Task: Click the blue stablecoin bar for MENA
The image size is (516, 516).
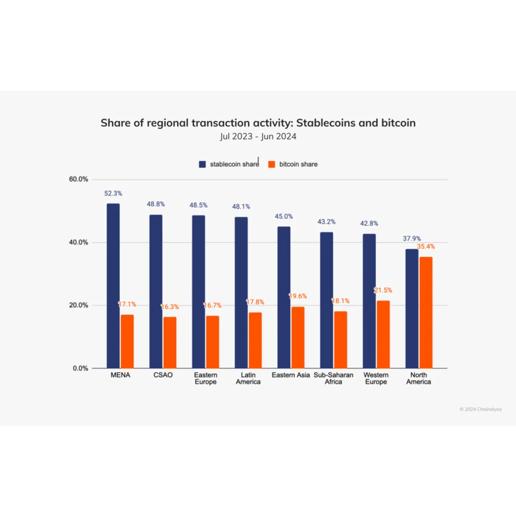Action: click(x=113, y=286)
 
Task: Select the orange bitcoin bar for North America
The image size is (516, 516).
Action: click(x=426, y=312)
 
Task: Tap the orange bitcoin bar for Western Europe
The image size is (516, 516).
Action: click(x=383, y=335)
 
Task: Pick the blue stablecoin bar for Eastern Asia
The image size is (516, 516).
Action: click(x=284, y=297)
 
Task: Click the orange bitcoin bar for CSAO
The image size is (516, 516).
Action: click(x=170, y=343)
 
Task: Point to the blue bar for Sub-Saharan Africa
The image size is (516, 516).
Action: click(x=327, y=300)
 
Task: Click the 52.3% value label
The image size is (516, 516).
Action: click(x=113, y=193)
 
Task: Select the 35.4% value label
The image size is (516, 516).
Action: click(x=426, y=246)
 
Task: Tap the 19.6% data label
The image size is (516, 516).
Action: click(x=298, y=296)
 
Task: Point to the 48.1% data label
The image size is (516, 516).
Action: click(x=241, y=207)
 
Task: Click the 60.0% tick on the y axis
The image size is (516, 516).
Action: click(x=78, y=179)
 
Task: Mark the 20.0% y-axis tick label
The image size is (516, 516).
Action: click(x=78, y=305)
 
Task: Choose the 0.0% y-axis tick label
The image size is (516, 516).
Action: click(x=80, y=368)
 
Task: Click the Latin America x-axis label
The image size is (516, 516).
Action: click(x=248, y=378)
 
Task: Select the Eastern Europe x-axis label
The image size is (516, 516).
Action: click(x=206, y=378)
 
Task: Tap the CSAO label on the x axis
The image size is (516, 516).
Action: click(x=163, y=375)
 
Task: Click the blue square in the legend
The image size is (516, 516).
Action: click(x=203, y=164)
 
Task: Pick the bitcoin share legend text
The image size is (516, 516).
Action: click(x=298, y=164)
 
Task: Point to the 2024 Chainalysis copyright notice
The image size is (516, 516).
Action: click(x=481, y=409)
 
